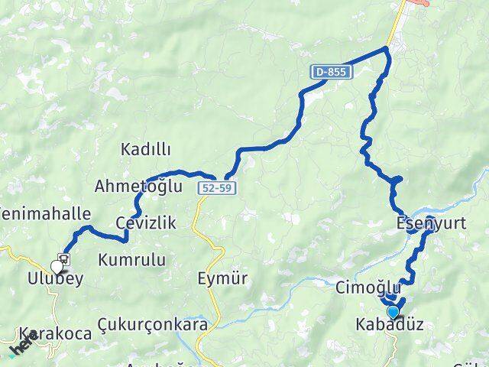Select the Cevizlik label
coord(147,222)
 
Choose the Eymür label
coord(222,278)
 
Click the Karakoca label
coord(57,333)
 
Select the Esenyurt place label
coord(426,225)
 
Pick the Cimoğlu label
coord(368,287)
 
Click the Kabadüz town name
coord(390,326)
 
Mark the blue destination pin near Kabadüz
coord(393,311)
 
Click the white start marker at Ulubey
coord(57,267)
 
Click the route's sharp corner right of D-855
coord(387,49)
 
